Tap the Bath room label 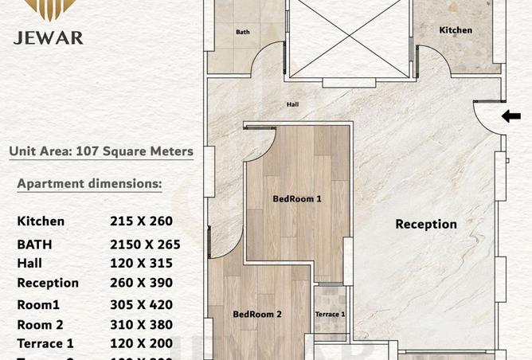tap(242, 33)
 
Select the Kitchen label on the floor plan tap(456, 30)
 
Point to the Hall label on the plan tap(293, 104)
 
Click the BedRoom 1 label tap(296, 199)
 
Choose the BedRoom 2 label tap(256, 315)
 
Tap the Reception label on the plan tap(426, 225)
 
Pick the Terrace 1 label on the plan tap(330, 315)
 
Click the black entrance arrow tap(510, 116)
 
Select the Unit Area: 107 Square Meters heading tap(100, 151)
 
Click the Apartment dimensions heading tap(89, 184)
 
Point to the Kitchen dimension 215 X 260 tap(141, 221)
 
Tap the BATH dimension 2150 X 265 tap(145, 245)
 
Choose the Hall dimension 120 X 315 tap(141, 263)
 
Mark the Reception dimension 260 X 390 tap(142, 283)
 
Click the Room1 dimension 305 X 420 tap(142, 304)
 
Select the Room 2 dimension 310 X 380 tap(142, 325)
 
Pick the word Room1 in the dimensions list tap(38, 304)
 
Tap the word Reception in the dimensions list tap(48, 283)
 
